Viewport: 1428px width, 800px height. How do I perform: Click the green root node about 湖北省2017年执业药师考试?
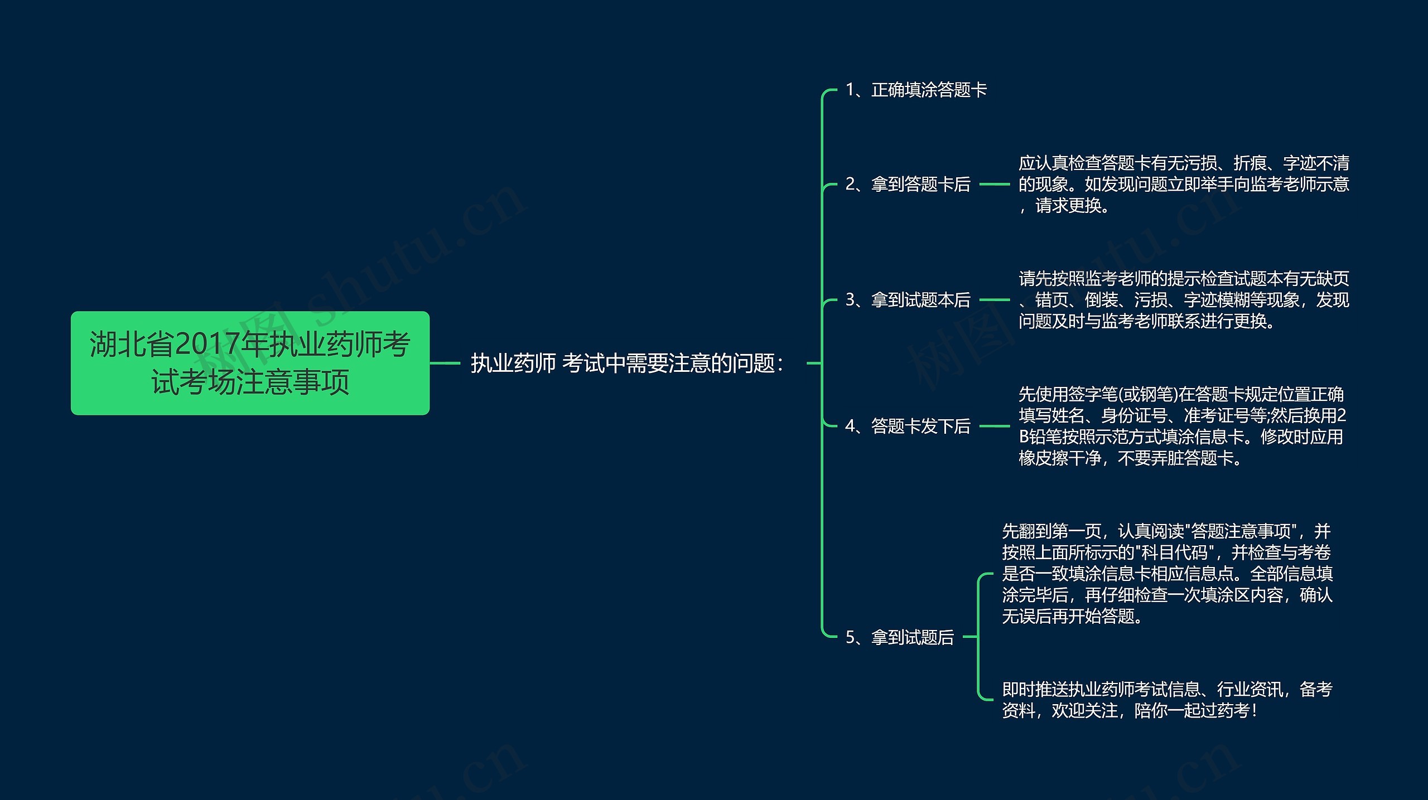250,363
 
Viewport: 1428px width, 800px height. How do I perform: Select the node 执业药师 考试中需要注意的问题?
627,363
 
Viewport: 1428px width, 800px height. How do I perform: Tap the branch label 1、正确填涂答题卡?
916,90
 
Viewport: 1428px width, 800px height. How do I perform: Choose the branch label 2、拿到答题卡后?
908,184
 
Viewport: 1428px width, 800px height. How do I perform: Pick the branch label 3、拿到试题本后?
908,300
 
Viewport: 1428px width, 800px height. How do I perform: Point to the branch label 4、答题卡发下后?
908,426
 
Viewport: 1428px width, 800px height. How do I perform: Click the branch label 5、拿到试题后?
899,637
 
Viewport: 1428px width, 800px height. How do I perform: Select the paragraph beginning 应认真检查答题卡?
1183,185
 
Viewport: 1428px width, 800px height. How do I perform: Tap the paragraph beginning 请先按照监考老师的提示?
1183,300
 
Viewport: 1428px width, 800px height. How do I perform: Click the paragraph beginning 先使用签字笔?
1182,426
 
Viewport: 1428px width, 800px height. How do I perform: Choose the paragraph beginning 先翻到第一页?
1167,574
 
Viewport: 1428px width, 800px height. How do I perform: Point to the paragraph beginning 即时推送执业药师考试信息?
1167,700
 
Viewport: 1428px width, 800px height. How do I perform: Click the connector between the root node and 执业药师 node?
445,363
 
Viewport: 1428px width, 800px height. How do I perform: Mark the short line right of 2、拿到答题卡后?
995,184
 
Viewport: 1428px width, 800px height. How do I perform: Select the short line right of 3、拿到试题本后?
995,300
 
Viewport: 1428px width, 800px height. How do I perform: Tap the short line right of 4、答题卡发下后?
995,426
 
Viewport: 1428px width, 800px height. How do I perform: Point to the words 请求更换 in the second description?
1068,206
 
